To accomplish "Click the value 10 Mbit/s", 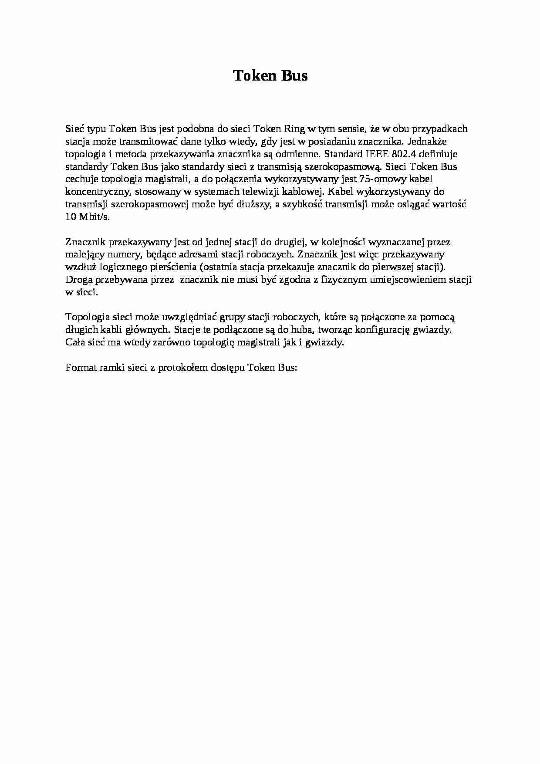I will pyautogui.click(x=87, y=217).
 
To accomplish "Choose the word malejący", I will pyautogui.click(x=85, y=254).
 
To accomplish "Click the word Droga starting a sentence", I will pyautogui.click(x=79, y=280).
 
